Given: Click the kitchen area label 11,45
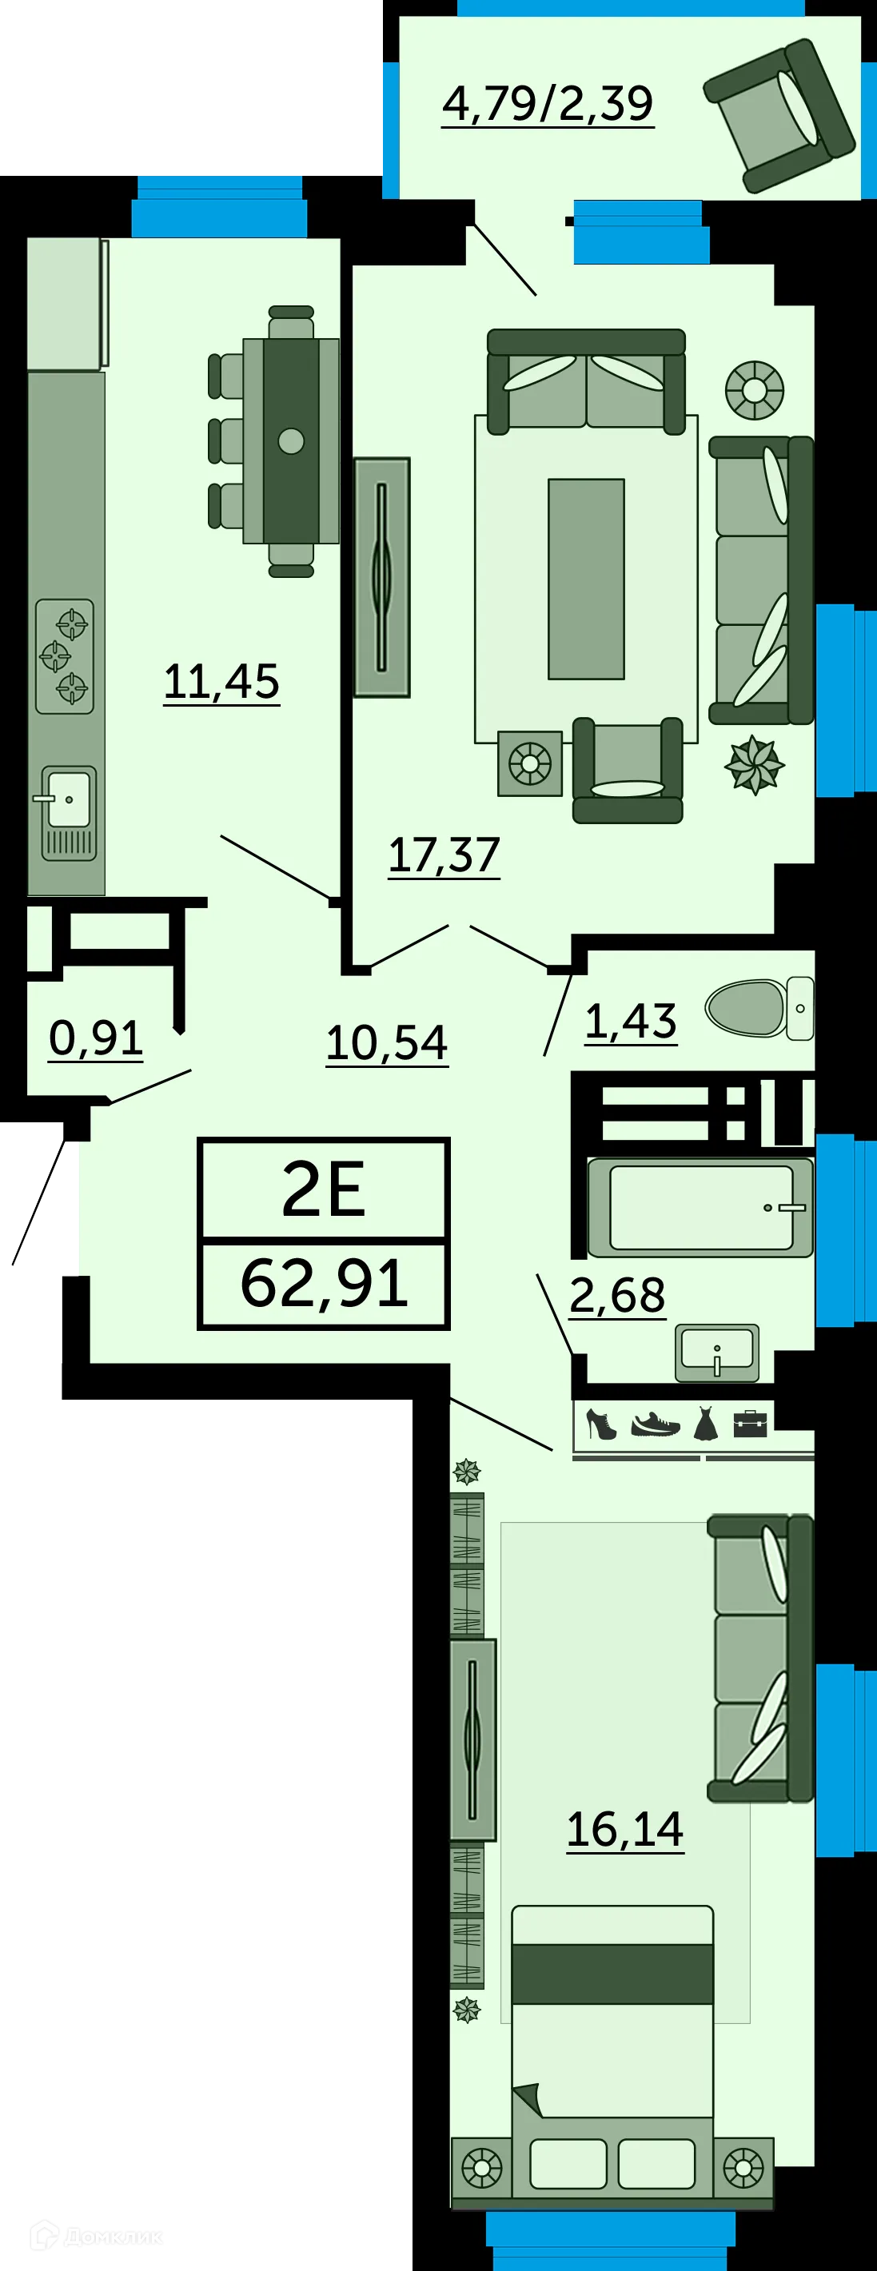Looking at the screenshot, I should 221,682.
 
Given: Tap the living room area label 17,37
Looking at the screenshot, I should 444,855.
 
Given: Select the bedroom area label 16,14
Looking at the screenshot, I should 624,1828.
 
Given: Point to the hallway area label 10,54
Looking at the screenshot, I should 386,1042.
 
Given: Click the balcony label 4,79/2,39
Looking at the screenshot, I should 548,103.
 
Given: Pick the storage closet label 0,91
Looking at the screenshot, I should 95,1038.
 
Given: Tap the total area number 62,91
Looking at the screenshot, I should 325,1284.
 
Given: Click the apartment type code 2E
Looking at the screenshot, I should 324,1190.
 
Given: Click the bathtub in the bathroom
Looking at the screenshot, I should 700,1207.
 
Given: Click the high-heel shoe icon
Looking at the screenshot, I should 601,1424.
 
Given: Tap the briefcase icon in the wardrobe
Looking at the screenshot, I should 750,1424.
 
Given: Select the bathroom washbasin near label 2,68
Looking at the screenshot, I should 716,1352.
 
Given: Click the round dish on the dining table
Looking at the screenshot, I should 291,440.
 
